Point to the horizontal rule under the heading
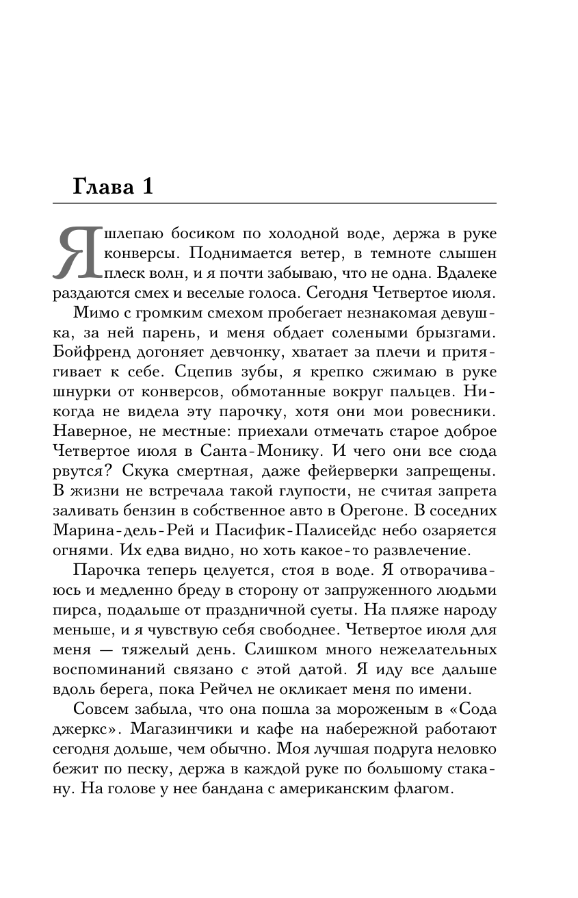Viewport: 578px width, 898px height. click(x=274, y=203)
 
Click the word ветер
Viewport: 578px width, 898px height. click(x=337, y=253)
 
